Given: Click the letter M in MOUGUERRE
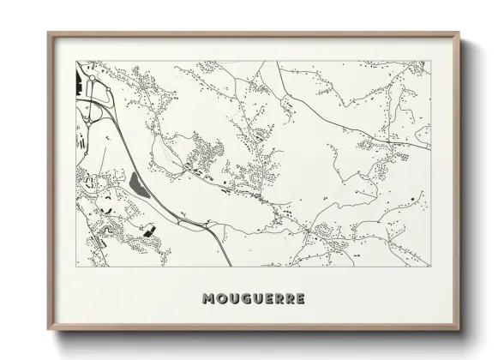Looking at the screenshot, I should [207, 299].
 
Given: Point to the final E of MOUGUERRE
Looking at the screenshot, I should [297, 299].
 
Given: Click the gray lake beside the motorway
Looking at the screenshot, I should [137, 183].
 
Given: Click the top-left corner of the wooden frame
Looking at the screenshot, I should [48, 33].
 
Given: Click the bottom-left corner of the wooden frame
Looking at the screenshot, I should [48, 330].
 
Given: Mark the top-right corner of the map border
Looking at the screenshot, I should [429, 61].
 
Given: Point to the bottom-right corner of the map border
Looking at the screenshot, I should [429, 267].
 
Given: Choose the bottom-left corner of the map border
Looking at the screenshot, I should [76, 267].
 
